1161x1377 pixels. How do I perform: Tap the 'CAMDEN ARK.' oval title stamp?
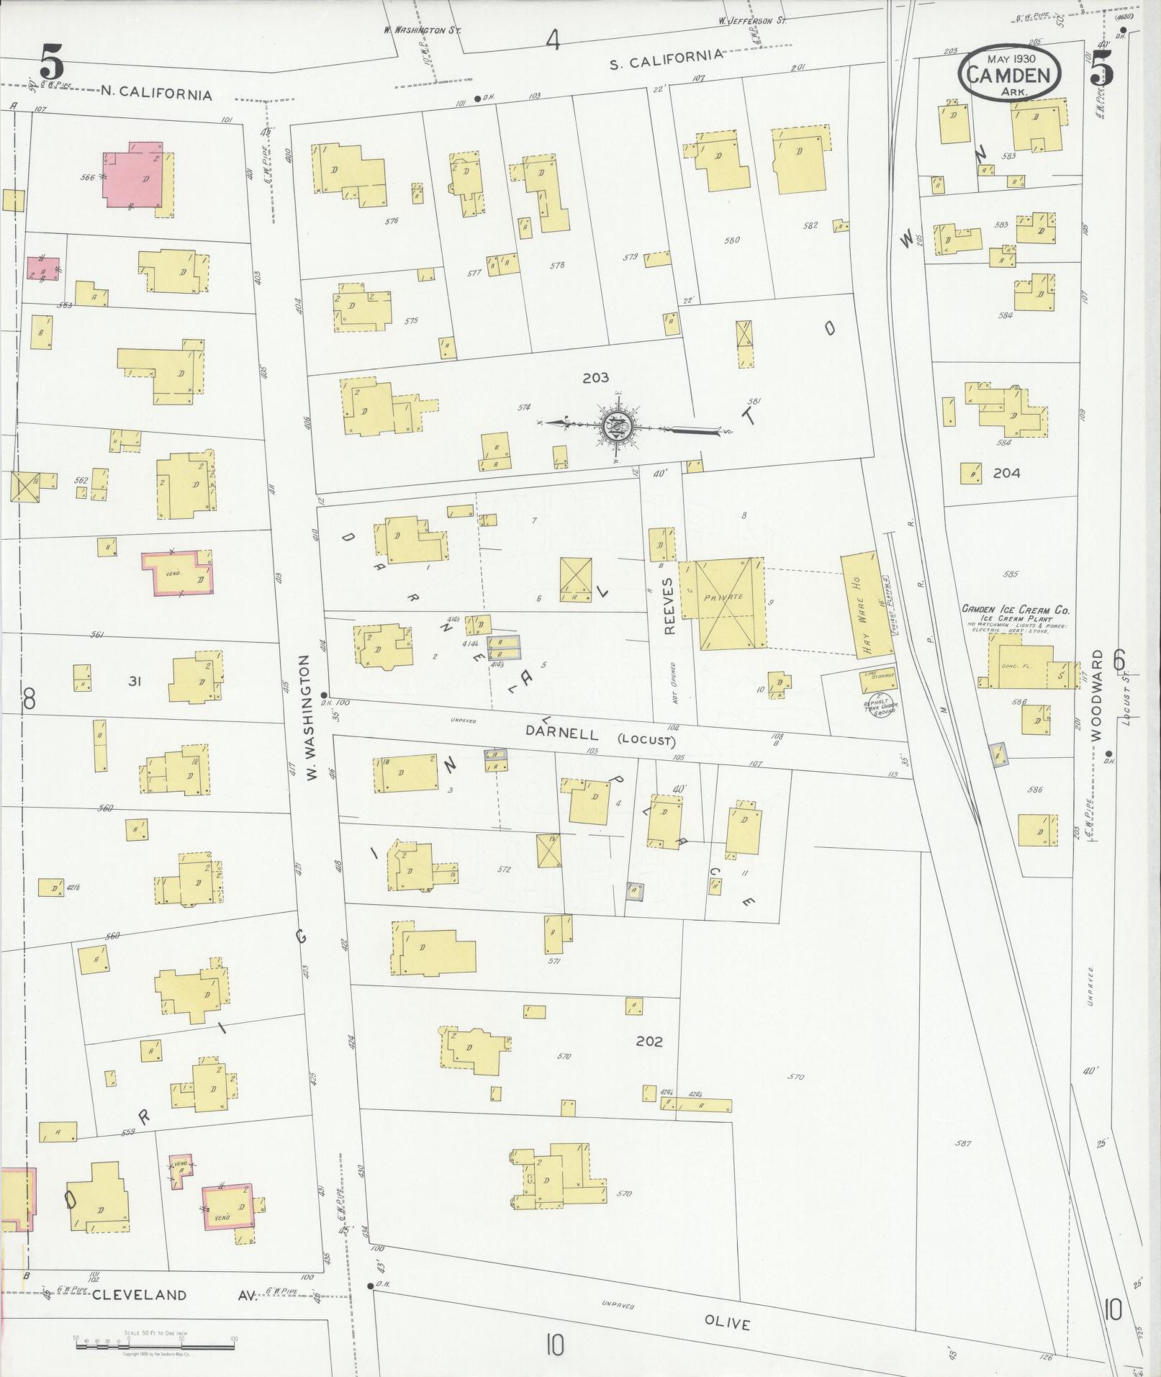(1009, 72)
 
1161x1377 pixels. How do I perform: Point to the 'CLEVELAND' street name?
(139, 1295)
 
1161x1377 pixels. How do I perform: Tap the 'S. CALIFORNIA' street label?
(666, 63)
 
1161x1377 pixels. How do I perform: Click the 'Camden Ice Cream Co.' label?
(1016, 610)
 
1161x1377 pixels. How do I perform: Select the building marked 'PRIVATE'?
(723, 602)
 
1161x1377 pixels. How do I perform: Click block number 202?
(649, 1041)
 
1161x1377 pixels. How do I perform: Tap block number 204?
(1006, 473)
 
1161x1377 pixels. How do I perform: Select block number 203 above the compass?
(595, 377)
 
